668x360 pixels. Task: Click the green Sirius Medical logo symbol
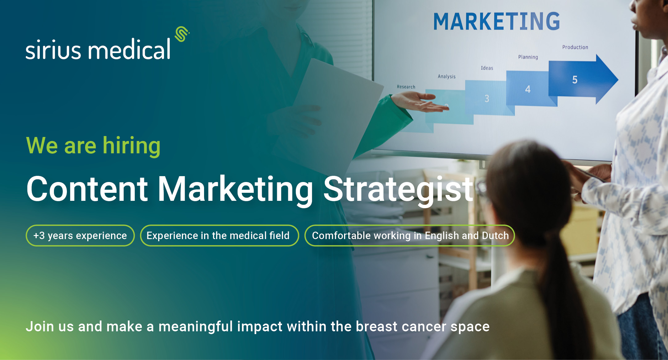pos(182,34)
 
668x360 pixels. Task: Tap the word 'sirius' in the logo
pos(53,49)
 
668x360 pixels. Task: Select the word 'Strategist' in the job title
pos(398,190)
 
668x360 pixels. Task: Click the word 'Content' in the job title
pos(87,189)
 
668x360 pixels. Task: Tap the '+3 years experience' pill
pos(80,236)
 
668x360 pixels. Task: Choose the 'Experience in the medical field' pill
pos(219,236)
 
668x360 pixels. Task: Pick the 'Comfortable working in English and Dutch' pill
pos(410,236)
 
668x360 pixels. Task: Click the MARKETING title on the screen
pos(497,21)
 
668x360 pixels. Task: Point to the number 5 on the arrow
pos(575,80)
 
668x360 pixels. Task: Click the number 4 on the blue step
pos(528,89)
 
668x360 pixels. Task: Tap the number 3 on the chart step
pos(487,99)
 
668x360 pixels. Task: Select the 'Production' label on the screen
pos(575,47)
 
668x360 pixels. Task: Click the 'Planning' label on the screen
pos(528,57)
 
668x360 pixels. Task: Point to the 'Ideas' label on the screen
pos(487,68)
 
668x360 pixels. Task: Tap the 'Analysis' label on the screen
pos(447,77)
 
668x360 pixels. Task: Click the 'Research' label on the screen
pos(406,87)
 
